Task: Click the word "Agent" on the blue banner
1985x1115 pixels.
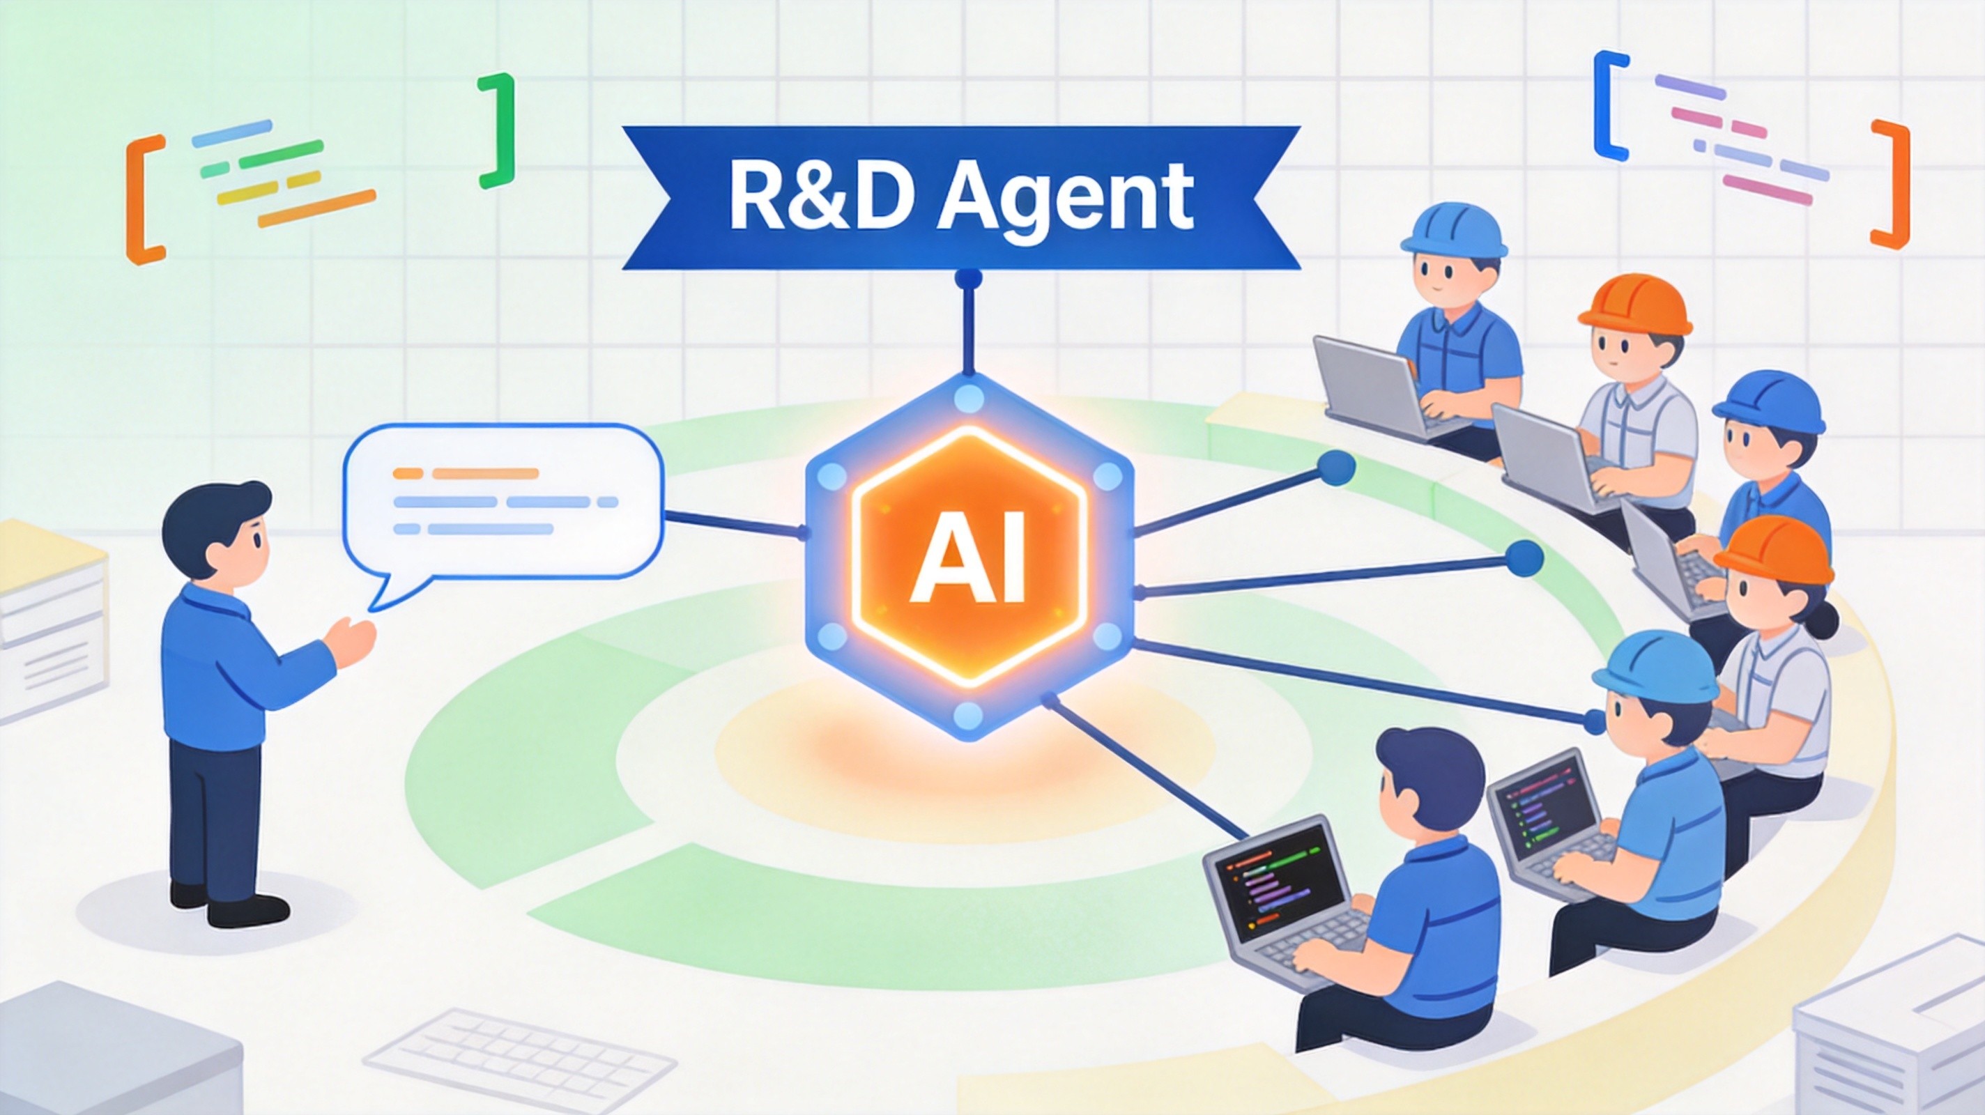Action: point(1065,199)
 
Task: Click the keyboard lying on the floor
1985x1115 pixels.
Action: point(519,1056)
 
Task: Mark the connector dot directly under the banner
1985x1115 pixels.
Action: point(968,278)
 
